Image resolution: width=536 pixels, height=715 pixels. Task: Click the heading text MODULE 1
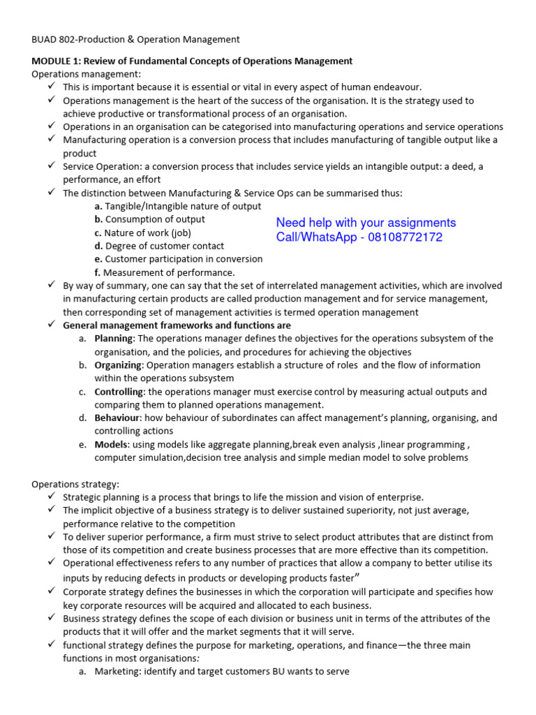pyautogui.click(x=59, y=61)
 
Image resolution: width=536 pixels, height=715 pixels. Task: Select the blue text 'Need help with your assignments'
pyautogui.click(x=366, y=223)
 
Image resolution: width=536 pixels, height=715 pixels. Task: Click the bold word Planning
pyautogui.click(x=113, y=339)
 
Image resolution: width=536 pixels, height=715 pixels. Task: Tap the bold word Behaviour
pyautogui.click(x=117, y=418)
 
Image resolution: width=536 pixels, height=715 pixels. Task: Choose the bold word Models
pyautogui.click(x=111, y=445)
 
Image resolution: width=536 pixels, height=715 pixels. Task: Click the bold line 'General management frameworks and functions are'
pyautogui.click(x=177, y=325)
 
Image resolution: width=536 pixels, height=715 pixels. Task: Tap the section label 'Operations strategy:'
pyautogui.click(x=75, y=484)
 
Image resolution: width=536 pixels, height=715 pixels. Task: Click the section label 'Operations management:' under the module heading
pyautogui.click(x=86, y=74)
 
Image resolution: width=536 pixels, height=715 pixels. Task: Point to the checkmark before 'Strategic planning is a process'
pyautogui.click(x=52, y=496)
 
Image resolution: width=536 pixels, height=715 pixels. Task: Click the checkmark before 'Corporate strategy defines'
pyautogui.click(x=52, y=591)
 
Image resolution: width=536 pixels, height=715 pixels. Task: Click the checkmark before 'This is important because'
pyautogui.click(x=52, y=87)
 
